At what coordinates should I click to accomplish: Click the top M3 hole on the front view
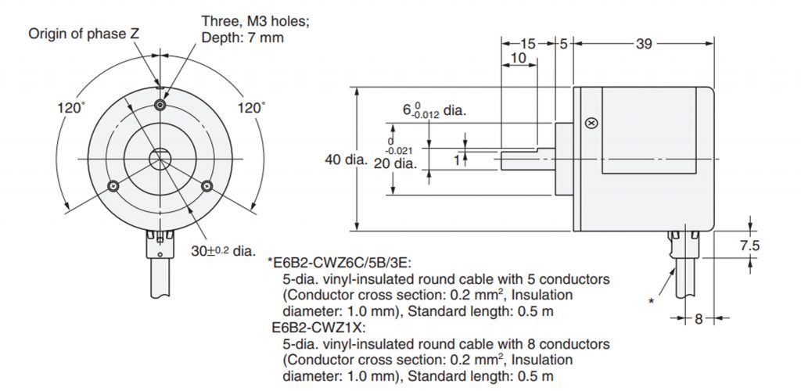click(x=160, y=105)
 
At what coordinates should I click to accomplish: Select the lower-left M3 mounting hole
click(x=113, y=186)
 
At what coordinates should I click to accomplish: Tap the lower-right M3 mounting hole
click(x=207, y=186)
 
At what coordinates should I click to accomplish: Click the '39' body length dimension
click(x=644, y=45)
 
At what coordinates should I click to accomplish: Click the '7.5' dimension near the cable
click(x=750, y=246)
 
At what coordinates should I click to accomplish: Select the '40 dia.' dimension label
click(x=347, y=160)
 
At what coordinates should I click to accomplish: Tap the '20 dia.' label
click(x=395, y=164)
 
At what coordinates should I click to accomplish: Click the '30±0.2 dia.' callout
click(x=230, y=251)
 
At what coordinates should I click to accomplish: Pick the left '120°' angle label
click(x=71, y=108)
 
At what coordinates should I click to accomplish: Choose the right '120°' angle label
click(x=251, y=108)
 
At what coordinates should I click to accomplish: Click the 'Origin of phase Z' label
click(x=83, y=34)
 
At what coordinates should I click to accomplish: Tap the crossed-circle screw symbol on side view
click(x=592, y=123)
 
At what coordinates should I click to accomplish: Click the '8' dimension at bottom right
click(x=699, y=320)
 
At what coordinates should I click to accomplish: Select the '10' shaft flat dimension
click(x=518, y=58)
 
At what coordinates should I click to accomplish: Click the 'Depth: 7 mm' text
click(x=242, y=38)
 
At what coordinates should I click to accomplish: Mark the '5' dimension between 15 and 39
click(x=563, y=45)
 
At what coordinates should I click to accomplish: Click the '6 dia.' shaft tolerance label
click(x=434, y=111)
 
